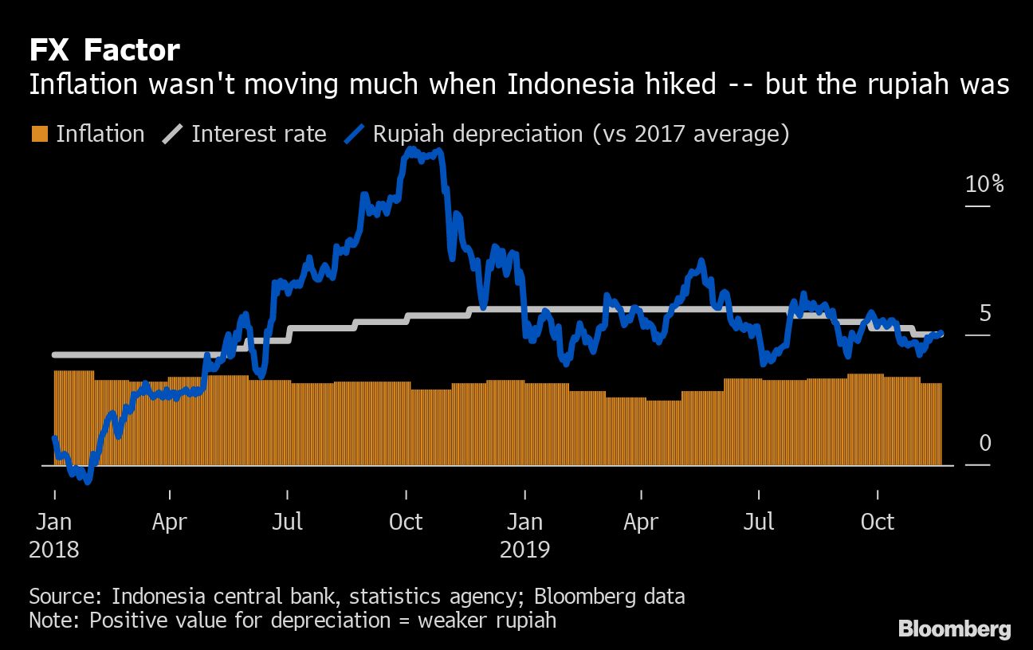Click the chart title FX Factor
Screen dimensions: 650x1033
[104, 51]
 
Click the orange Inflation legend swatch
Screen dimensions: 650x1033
[40, 134]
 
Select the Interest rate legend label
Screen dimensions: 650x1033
[258, 134]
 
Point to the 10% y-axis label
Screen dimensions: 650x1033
[984, 185]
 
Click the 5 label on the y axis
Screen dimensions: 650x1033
[985, 314]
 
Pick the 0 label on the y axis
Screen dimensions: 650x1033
[985, 443]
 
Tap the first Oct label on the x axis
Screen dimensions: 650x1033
[406, 523]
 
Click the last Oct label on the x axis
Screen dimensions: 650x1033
[878, 523]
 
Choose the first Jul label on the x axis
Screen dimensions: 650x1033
[288, 523]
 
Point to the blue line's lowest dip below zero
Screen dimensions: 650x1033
[88, 481]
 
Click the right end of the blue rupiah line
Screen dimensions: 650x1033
[941, 333]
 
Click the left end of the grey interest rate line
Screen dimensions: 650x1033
[54, 354]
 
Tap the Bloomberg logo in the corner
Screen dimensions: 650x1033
[954, 629]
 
